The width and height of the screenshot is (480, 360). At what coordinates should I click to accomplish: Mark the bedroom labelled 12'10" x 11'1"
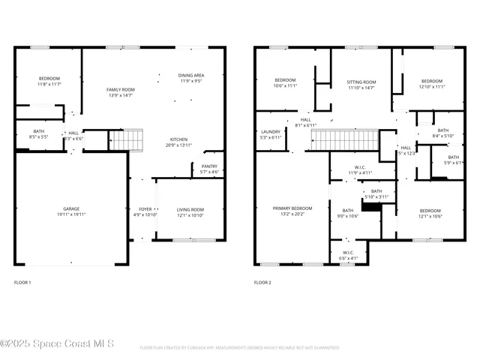coord(431,83)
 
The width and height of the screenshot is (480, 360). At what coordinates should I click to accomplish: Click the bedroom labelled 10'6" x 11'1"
coord(285,82)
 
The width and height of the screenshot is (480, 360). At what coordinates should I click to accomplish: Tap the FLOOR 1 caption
coord(23,283)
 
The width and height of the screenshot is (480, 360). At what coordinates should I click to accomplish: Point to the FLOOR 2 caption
coord(262,283)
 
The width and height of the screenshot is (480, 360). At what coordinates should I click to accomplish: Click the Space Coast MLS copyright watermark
coord(57,344)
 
